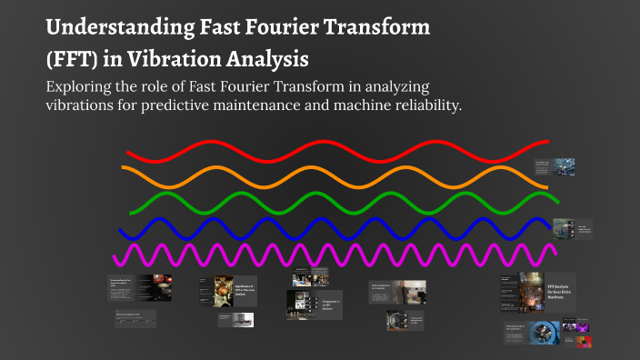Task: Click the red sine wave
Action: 336,151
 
